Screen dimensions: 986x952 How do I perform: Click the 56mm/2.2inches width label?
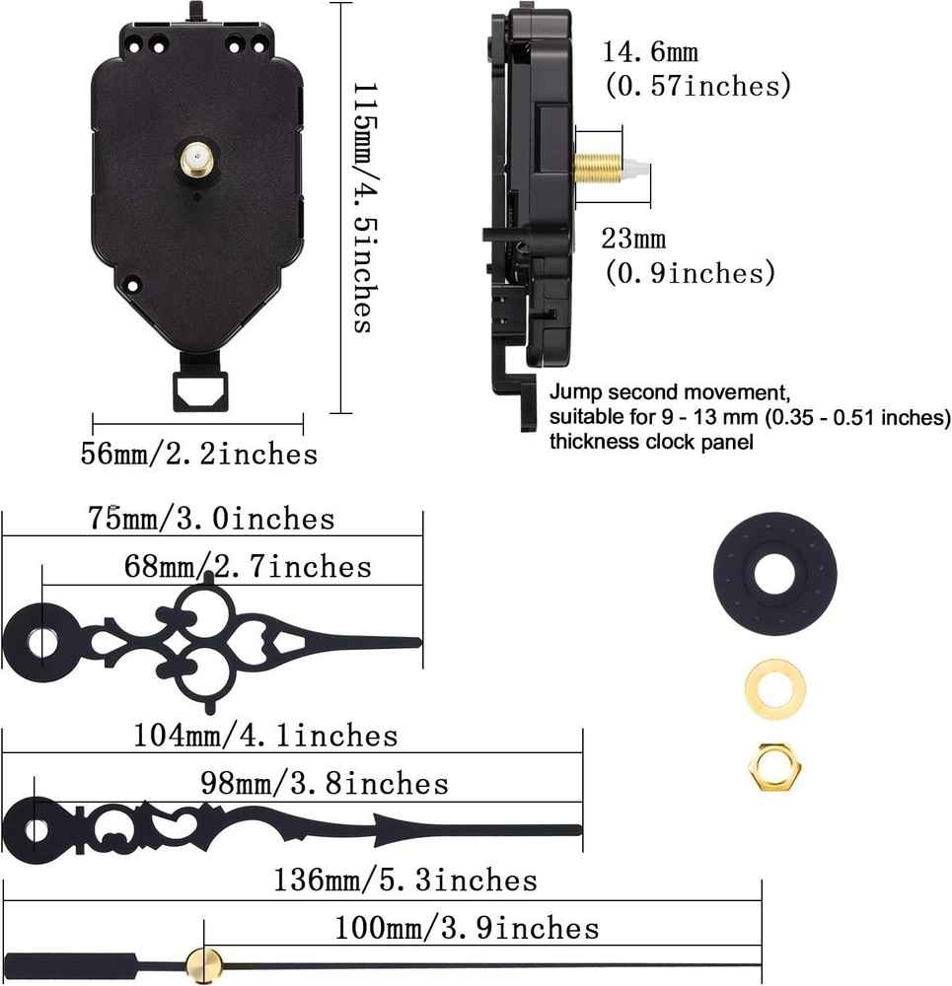point(198,454)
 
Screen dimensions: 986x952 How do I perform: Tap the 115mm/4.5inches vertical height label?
point(362,207)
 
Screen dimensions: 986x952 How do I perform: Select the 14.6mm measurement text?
point(651,53)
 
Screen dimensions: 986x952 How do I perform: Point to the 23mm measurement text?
point(634,239)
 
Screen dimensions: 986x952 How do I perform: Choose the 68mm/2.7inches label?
point(248,567)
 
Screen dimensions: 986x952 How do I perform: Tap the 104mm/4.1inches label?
point(265,736)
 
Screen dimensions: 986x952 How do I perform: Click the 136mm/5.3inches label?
point(405,880)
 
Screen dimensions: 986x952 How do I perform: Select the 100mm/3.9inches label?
point(467,928)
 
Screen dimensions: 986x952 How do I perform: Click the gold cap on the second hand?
point(204,960)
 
